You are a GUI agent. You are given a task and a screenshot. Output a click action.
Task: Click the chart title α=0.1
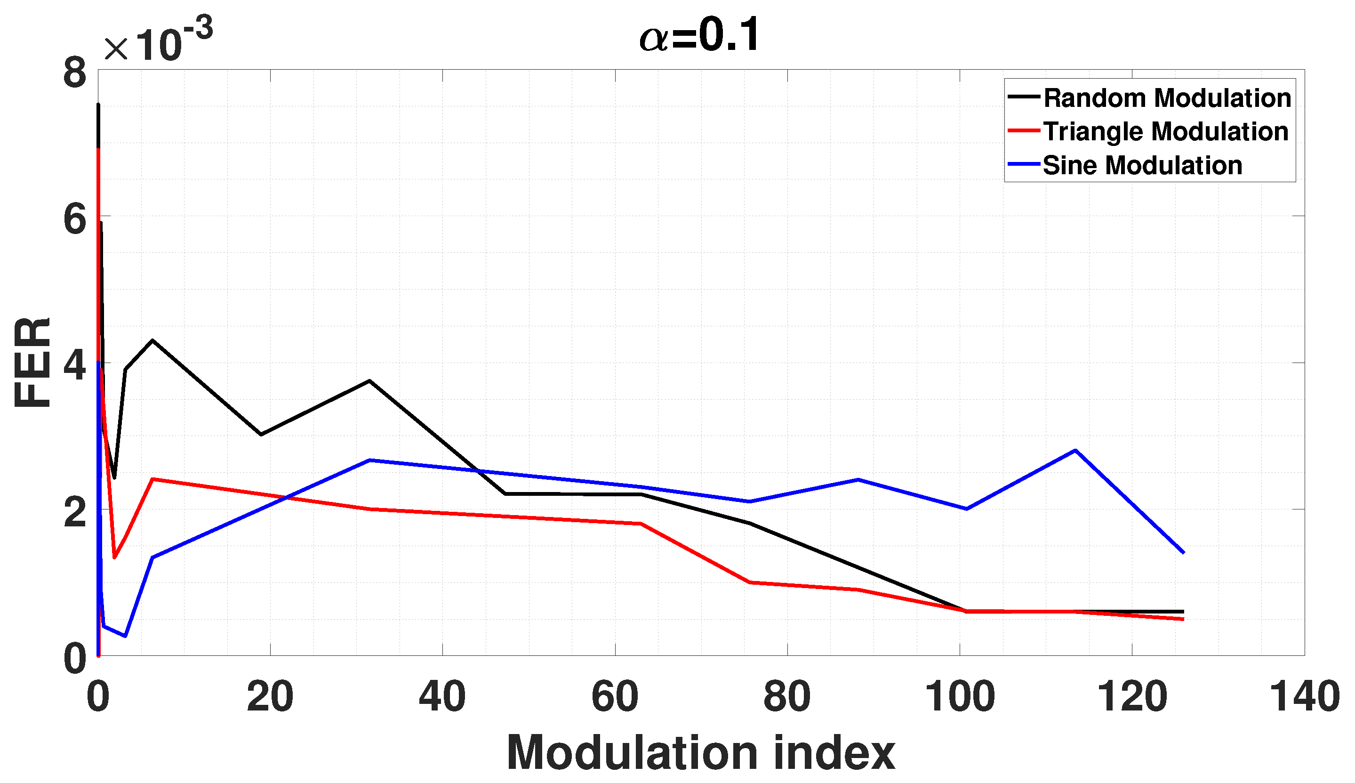[x=699, y=35]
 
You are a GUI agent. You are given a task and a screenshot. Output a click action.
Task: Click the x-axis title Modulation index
[x=701, y=753]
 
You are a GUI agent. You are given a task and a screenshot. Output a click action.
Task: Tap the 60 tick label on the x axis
[x=615, y=697]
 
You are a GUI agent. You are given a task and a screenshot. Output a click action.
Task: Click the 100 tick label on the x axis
[x=959, y=697]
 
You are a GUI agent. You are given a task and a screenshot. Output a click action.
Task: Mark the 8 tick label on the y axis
[x=75, y=73]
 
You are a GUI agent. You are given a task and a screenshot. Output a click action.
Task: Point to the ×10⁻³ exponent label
[x=159, y=40]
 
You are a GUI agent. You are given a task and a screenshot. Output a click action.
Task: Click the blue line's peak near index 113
[x=1075, y=450]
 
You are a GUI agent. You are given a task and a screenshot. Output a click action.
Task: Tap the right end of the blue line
[x=1184, y=552]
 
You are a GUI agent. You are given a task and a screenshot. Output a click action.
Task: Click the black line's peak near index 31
[x=369, y=381]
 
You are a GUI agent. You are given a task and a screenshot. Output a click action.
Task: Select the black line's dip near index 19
[x=261, y=435]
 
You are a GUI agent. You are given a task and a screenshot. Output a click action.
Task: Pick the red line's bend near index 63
[x=641, y=523]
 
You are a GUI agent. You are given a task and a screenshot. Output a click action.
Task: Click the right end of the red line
[x=1184, y=620]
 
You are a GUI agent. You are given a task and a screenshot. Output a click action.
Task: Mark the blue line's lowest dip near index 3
[x=125, y=636]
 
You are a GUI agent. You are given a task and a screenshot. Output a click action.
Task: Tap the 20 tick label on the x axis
[x=270, y=697]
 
